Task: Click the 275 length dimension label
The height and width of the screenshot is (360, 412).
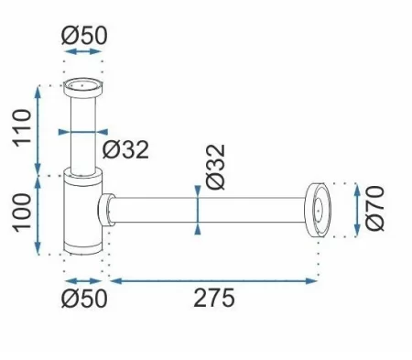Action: (x=214, y=298)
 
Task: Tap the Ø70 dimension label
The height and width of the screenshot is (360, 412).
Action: (x=374, y=208)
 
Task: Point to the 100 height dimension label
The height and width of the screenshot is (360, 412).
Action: (x=22, y=213)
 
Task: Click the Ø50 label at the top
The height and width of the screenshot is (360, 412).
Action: (x=84, y=36)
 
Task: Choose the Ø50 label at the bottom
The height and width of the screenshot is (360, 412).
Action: (x=84, y=299)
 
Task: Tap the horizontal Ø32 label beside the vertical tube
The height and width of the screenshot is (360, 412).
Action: (x=125, y=149)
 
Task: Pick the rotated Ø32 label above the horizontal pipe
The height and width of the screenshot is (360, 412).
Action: (x=216, y=167)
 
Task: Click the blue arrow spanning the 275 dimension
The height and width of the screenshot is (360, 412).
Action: (x=213, y=281)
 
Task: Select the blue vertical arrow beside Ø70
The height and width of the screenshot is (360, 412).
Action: (x=357, y=210)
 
